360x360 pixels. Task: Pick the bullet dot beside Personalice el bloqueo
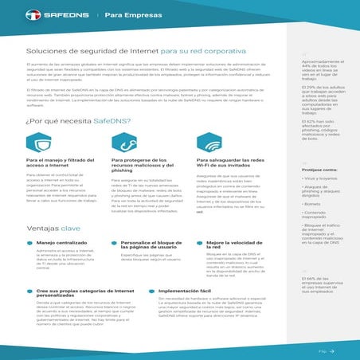[x=115, y=241]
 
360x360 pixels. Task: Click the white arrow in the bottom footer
[x=335, y=350]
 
